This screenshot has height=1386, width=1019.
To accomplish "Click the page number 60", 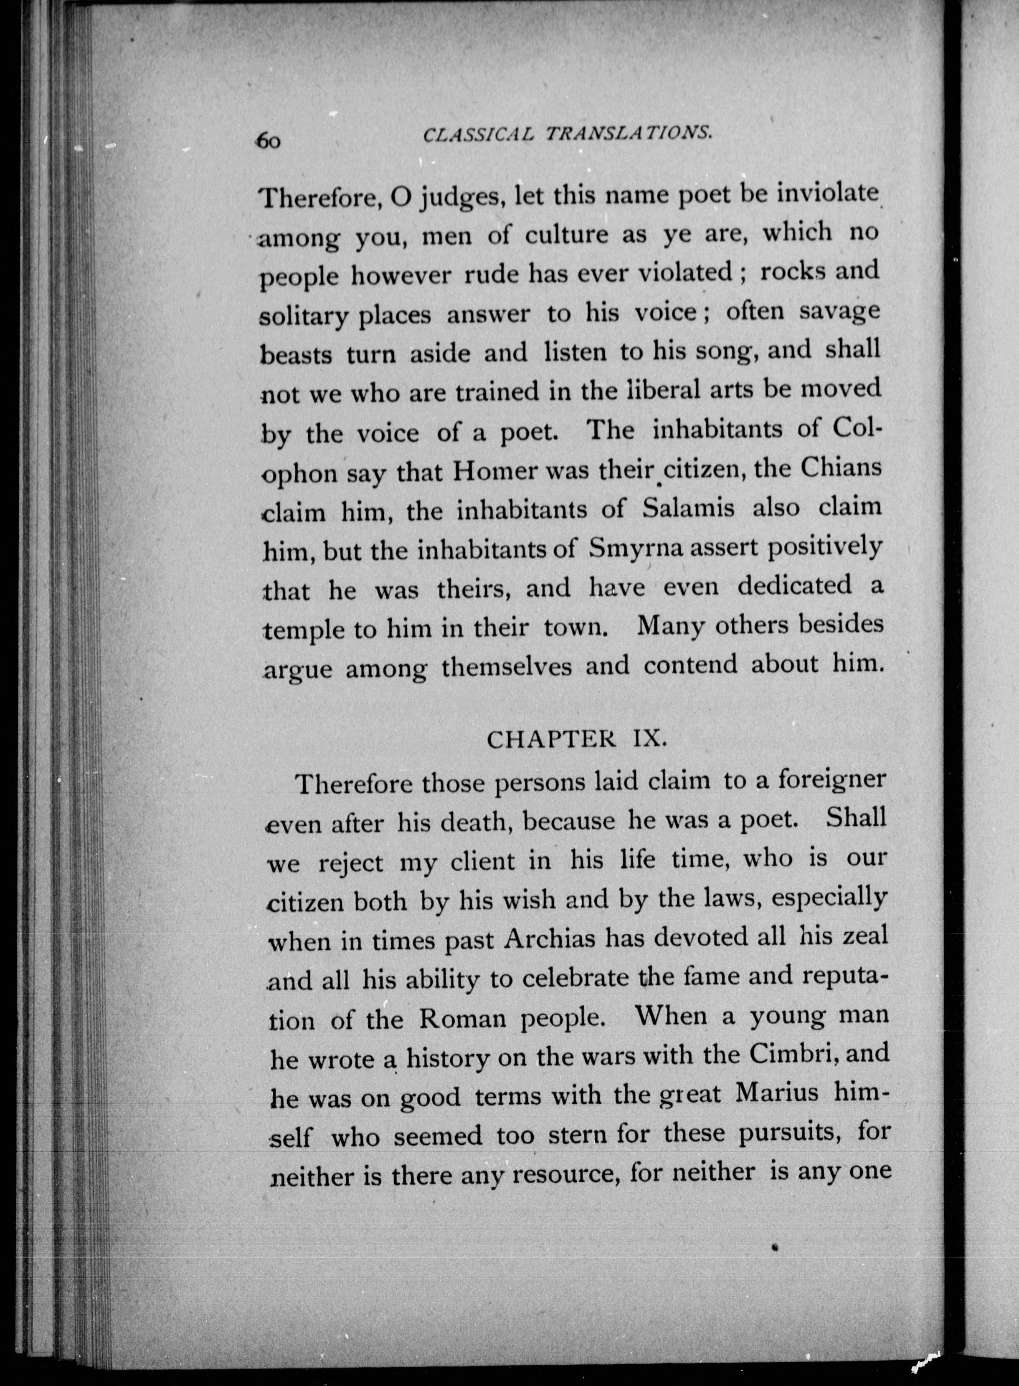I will click(269, 141).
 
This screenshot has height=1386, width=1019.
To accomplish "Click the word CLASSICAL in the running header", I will click(477, 135).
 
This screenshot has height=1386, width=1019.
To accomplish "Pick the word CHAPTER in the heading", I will click(551, 740).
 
